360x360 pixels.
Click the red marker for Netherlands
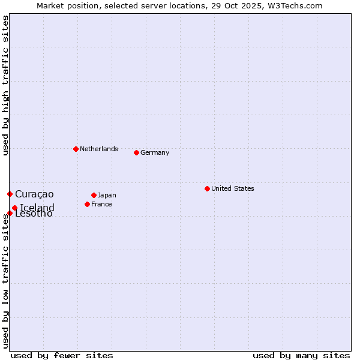[76, 149]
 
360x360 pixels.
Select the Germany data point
[136, 152]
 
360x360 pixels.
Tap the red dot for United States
[207, 188]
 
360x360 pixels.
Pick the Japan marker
[94, 195]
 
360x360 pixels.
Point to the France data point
[87, 204]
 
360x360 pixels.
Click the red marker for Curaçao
[10, 194]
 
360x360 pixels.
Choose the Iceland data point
[14, 208]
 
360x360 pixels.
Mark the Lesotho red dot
[10, 213]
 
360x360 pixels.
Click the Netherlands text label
[99, 149]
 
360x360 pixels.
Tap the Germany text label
[155, 152]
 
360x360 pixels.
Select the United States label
[233, 188]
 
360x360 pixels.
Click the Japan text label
[107, 195]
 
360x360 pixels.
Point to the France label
[102, 204]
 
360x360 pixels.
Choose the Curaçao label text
[34, 194]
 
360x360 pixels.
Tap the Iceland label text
[37, 208]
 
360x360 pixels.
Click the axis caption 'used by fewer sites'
[62, 355]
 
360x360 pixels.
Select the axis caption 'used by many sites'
[301, 355]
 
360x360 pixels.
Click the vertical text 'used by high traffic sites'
[5, 85]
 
